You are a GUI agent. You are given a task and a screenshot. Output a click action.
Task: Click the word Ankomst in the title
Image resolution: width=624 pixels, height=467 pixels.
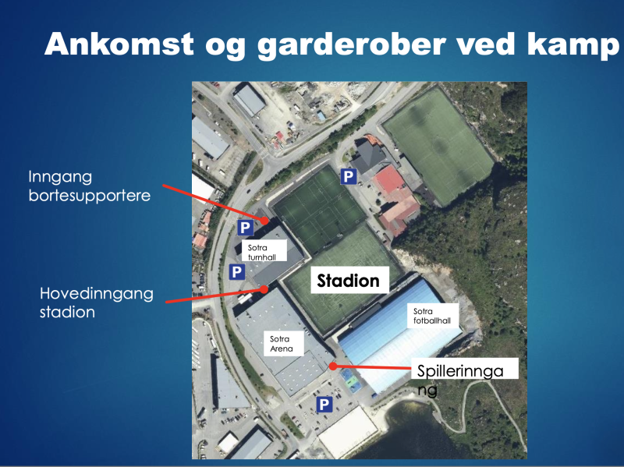pyautogui.click(x=119, y=44)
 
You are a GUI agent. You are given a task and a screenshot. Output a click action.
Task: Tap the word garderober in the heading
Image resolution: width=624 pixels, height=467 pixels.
pyautogui.click(x=351, y=44)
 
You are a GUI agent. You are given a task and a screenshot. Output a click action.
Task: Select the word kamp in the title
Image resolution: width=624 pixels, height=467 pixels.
pyautogui.click(x=573, y=45)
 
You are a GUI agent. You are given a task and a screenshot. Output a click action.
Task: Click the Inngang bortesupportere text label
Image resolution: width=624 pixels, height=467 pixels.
pyautogui.click(x=90, y=186)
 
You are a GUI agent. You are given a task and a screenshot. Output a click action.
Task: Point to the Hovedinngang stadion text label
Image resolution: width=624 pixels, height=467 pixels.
pyautogui.click(x=96, y=302)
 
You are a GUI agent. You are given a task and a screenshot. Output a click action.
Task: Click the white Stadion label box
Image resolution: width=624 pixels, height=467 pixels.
pyautogui.click(x=349, y=280)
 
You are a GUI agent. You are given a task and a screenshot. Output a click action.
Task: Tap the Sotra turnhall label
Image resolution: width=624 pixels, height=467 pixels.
pyautogui.click(x=264, y=251)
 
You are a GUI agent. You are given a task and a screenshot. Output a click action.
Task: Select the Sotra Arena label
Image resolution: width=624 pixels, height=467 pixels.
pyautogui.click(x=284, y=344)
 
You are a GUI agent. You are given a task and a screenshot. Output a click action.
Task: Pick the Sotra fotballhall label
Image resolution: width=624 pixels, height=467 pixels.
pyautogui.click(x=433, y=316)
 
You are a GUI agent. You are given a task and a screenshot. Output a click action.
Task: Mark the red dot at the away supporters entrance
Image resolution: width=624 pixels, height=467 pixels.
pyautogui.click(x=264, y=220)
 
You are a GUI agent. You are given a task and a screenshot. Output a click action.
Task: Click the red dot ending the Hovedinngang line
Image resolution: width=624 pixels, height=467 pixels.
pyautogui.click(x=264, y=289)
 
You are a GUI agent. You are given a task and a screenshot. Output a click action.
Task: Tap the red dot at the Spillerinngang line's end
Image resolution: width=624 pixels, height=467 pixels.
pyautogui.click(x=333, y=366)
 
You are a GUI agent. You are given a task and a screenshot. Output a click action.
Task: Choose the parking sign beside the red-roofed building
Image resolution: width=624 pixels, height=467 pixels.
pyautogui.click(x=348, y=176)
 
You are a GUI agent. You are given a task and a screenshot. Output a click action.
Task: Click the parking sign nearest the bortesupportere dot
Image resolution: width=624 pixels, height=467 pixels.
pyautogui.click(x=245, y=228)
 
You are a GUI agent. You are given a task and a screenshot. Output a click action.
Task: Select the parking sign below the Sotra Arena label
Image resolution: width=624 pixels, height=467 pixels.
pyautogui.click(x=324, y=405)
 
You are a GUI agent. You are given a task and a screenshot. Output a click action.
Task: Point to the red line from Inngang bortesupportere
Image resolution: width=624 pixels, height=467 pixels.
pyautogui.click(x=214, y=203)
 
